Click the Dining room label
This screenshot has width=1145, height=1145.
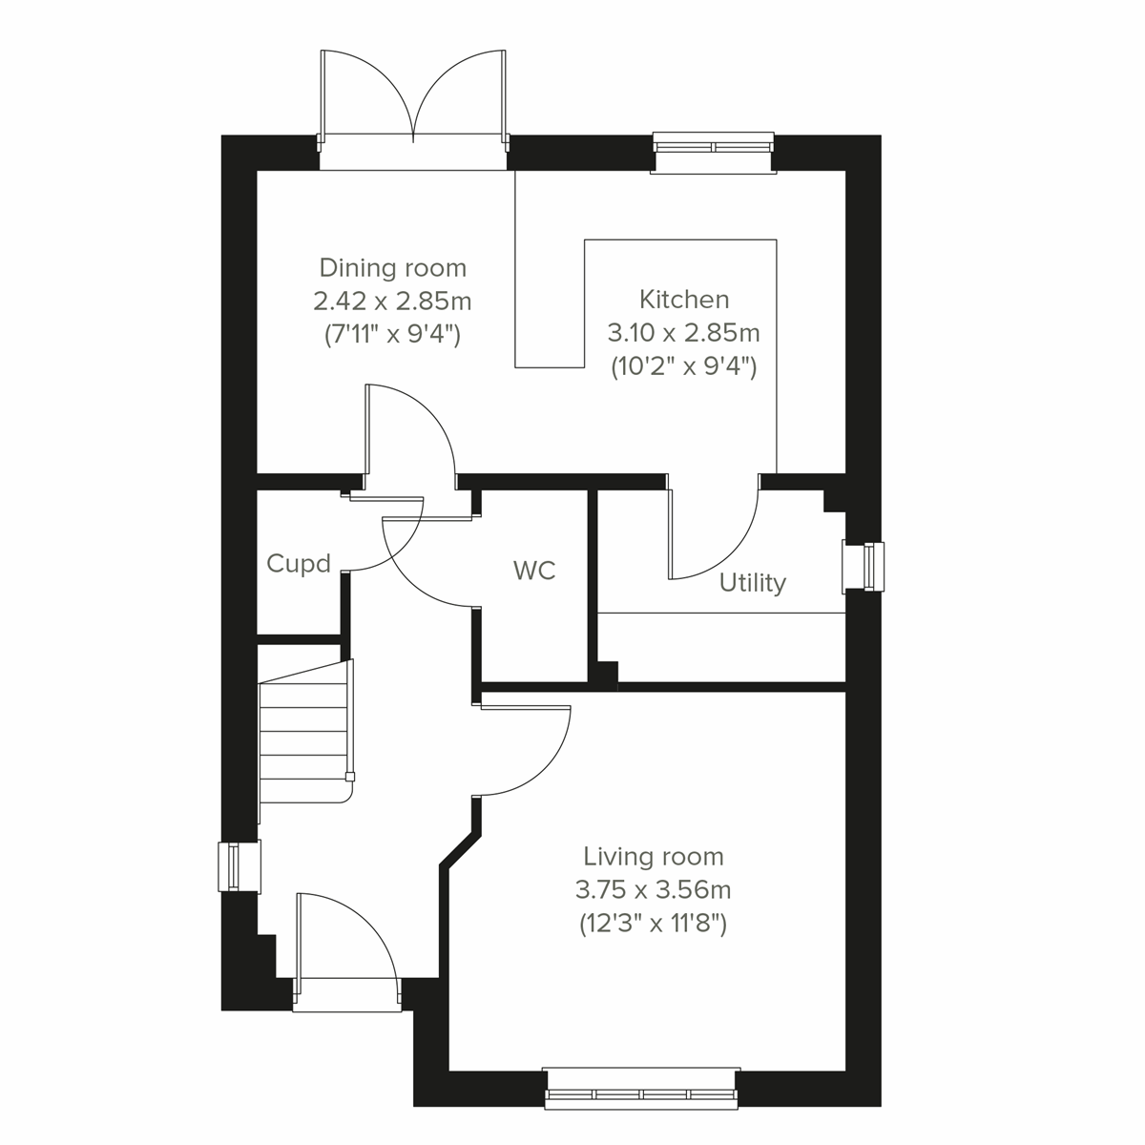coord(392,268)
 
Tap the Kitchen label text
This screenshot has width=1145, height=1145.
coord(683,300)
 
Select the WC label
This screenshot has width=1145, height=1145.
coord(534,571)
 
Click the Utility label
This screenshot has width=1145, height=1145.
coord(752,582)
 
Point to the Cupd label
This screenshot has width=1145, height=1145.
coord(299,564)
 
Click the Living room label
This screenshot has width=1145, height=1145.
coord(654,856)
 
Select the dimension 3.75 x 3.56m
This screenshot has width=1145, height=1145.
coord(654,890)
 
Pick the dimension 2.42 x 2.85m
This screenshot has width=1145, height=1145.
coord(392,302)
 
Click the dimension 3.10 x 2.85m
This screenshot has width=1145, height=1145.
coord(683,333)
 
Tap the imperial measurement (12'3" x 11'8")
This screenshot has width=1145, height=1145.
coord(654,924)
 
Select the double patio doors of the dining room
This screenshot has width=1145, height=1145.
coord(413,105)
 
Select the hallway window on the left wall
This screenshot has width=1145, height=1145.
coord(238,866)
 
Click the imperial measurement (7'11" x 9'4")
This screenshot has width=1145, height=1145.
coord(392,335)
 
